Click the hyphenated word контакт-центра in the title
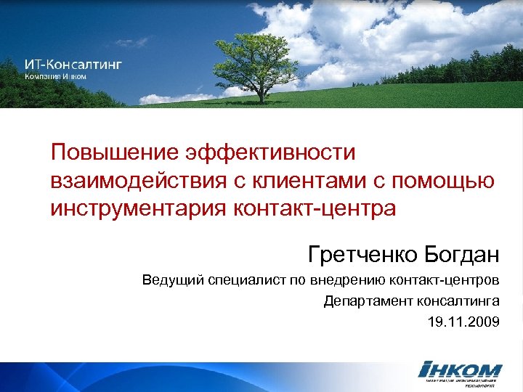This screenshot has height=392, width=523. coord(315,209)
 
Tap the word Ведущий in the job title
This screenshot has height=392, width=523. coord(169,281)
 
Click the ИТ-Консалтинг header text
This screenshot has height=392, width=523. coord(73,64)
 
